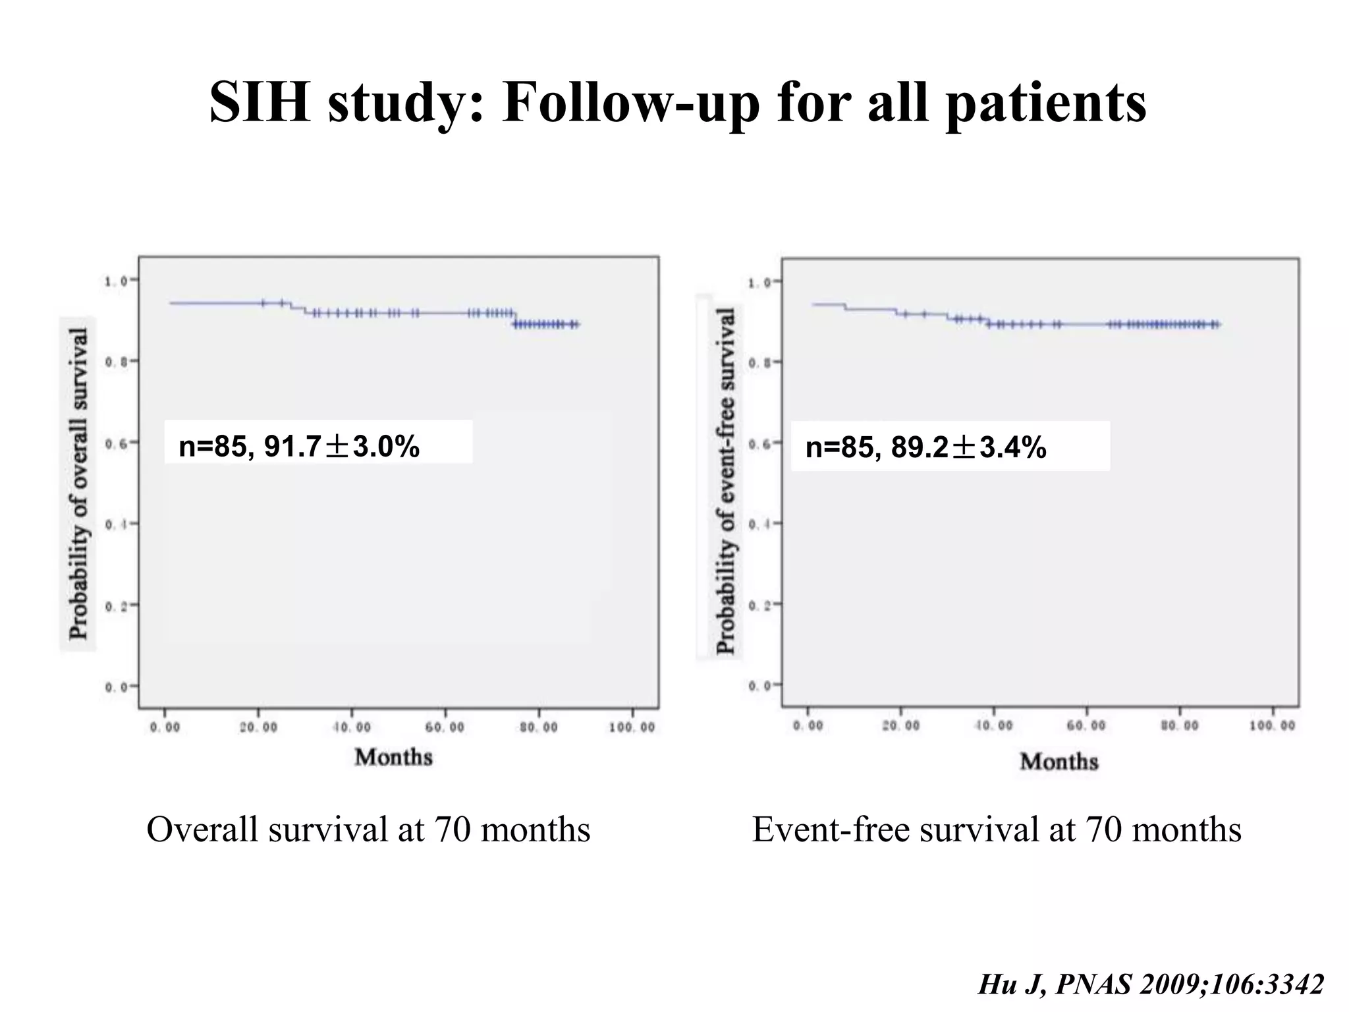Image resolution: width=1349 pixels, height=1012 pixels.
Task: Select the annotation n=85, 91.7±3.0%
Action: click(x=299, y=447)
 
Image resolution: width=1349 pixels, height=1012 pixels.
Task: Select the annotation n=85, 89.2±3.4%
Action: click(x=925, y=448)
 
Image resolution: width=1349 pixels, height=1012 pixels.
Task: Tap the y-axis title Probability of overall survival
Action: click(x=78, y=484)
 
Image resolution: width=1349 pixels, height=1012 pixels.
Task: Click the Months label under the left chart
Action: click(x=393, y=757)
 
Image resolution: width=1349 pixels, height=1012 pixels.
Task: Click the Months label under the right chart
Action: click(x=1059, y=762)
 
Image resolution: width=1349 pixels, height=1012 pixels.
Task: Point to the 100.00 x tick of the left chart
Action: click(x=632, y=727)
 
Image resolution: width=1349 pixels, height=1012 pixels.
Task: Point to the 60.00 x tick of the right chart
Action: click(x=1086, y=725)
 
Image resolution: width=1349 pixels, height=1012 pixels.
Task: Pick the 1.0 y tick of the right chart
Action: click(x=759, y=283)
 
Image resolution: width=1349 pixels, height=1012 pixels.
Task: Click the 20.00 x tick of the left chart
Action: click(x=258, y=727)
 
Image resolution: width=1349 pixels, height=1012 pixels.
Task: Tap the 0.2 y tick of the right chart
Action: click(x=759, y=604)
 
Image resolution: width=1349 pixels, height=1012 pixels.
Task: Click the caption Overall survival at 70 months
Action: click(x=368, y=829)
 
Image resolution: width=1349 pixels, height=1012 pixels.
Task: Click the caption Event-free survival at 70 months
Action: click(x=997, y=829)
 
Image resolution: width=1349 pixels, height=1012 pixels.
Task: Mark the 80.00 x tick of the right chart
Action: click(x=1179, y=725)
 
